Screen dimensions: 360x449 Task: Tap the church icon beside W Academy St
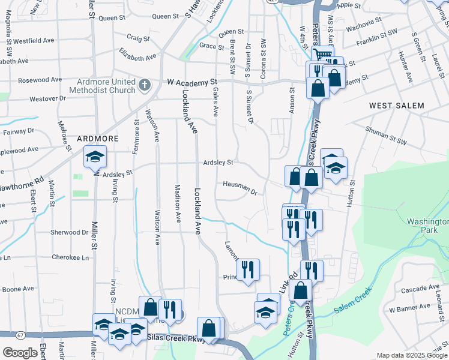click(x=144, y=85)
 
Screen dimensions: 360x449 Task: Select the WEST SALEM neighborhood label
click(x=396, y=106)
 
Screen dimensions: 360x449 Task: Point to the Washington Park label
click(x=427, y=226)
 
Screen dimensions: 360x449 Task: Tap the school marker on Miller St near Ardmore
click(x=95, y=157)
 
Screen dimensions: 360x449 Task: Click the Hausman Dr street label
click(x=240, y=188)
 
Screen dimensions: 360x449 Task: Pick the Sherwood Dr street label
click(x=70, y=232)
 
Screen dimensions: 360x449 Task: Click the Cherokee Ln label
click(x=68, y=257)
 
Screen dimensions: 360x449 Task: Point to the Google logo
click(x=20, y=352)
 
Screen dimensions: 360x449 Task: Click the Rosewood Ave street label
click(x=40, y=80)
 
